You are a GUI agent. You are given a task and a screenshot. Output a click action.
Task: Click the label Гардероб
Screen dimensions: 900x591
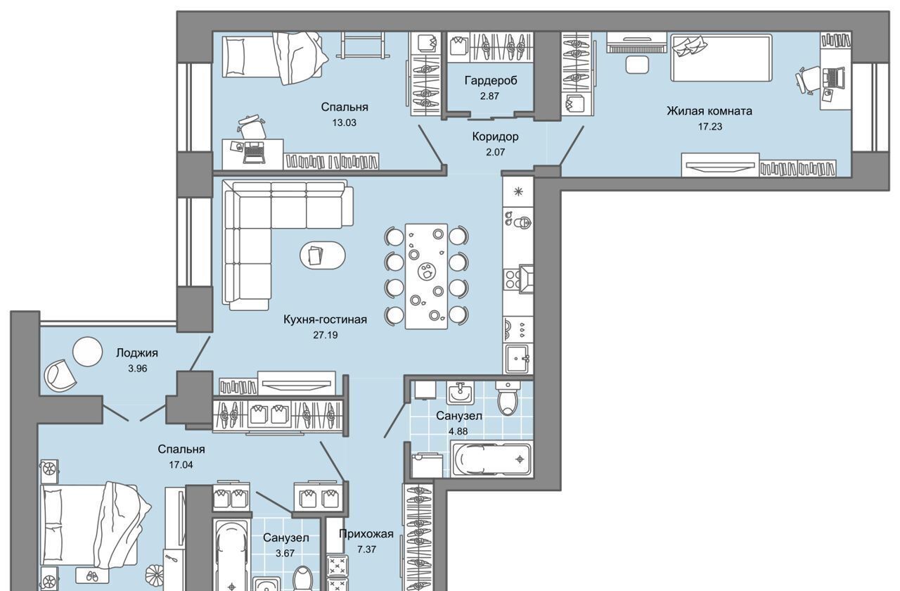click(x=491, y=81)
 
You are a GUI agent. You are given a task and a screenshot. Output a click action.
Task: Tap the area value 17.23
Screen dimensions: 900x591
click(x=710, y=127)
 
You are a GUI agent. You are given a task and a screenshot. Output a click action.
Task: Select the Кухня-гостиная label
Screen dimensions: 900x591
click(x=325, y=319)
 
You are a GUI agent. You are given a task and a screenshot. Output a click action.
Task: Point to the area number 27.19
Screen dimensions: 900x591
click(x=326, y=335)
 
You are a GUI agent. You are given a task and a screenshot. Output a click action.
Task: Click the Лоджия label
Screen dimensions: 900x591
click(x=137, y=353)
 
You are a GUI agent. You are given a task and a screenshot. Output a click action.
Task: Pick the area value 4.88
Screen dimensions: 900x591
click(x=458, y=431)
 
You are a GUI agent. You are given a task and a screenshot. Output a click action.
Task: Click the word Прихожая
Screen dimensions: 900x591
click(x=366, y=534)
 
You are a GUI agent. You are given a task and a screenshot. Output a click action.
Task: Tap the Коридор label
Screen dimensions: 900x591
click(x=496, y=136)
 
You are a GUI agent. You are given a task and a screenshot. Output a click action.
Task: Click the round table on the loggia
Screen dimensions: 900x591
click(x=87, y=351)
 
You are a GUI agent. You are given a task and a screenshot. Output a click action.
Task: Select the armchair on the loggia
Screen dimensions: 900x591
click(x=60, y=376)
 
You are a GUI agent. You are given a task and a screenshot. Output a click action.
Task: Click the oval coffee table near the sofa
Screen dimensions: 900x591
click(x=322, y=255)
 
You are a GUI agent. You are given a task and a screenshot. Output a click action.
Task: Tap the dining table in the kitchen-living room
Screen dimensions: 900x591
click(x=426, y=277)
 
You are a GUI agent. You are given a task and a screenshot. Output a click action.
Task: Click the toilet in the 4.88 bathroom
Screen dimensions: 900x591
click(x=508, y=398)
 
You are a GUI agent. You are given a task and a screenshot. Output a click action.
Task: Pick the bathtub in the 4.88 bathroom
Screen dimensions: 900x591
click(x=492, y=459)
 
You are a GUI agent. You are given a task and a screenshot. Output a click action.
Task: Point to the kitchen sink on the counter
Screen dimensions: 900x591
click(x=518, y=359)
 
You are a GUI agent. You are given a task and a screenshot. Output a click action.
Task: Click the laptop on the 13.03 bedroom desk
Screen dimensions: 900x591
click(x=254, y=153)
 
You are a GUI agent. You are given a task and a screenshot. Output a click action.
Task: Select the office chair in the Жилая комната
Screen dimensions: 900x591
click(x=809, y=80)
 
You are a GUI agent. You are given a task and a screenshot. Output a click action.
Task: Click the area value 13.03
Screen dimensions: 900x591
click(x=344, y=122)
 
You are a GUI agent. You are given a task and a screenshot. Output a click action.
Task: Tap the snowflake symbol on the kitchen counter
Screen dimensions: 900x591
click(x=518, y=191)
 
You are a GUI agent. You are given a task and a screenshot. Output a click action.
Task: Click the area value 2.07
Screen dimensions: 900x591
click(x=495, y=153)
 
